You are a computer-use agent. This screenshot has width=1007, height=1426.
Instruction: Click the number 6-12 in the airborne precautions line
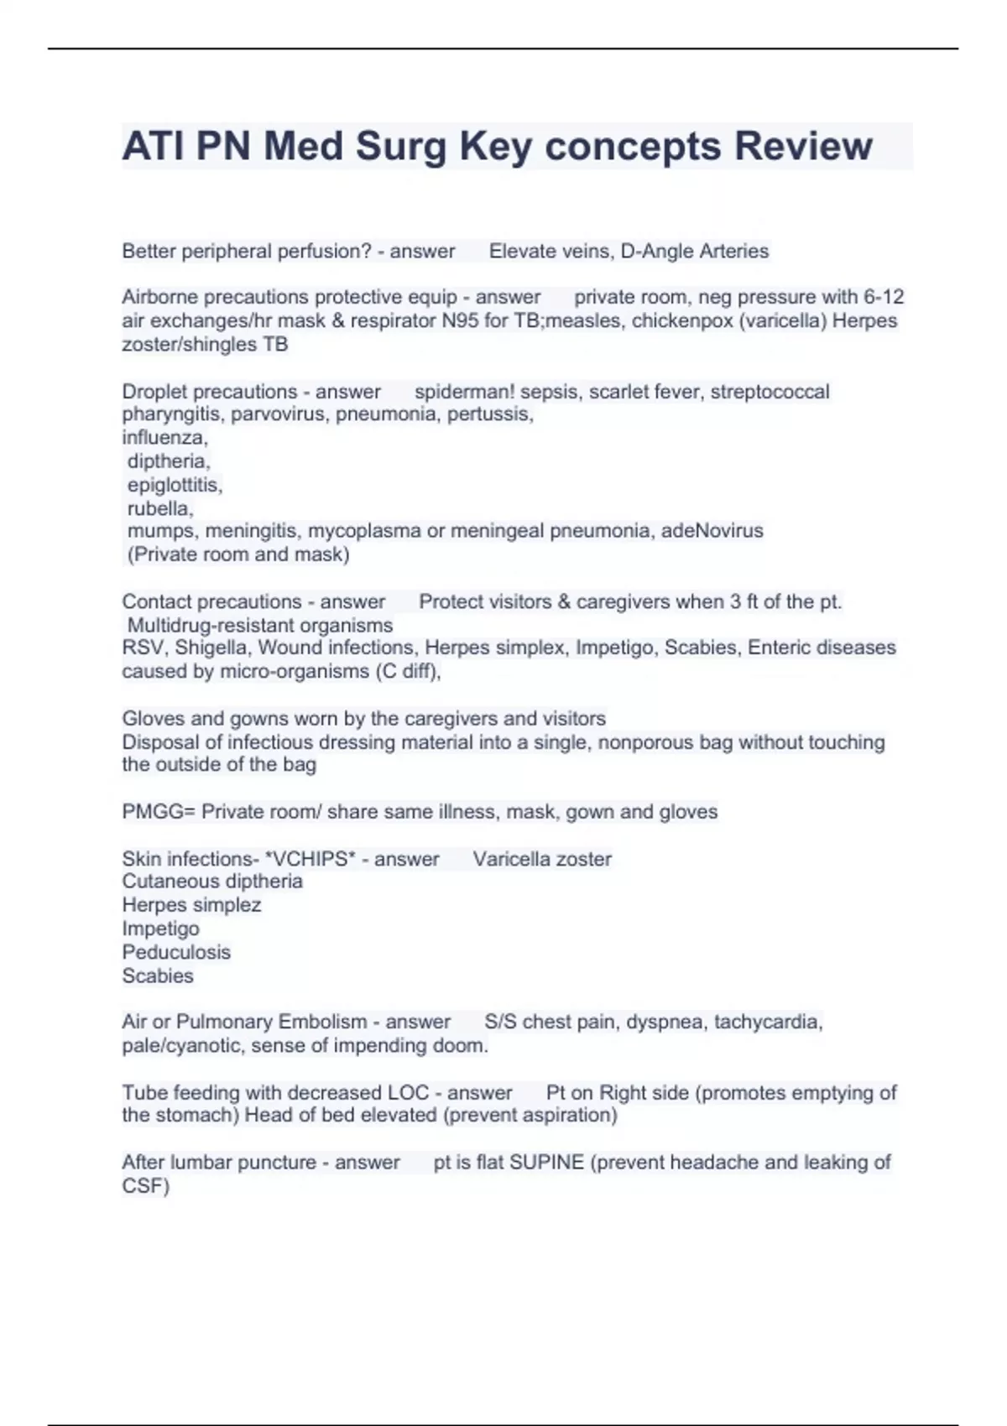884,297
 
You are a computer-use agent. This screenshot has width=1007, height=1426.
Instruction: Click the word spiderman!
464,392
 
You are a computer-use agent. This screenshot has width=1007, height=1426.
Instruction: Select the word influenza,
164,437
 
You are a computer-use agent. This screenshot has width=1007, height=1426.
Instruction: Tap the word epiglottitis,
175,485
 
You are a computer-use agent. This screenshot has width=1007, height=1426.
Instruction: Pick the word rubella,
160,508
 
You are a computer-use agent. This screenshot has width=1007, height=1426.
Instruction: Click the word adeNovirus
712,531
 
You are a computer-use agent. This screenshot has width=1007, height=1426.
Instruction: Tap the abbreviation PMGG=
159,812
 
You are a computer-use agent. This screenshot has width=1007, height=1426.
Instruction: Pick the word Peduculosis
176,952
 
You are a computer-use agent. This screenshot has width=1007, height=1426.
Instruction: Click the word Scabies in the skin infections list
158,976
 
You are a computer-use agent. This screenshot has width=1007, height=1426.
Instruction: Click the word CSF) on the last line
146,1186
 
